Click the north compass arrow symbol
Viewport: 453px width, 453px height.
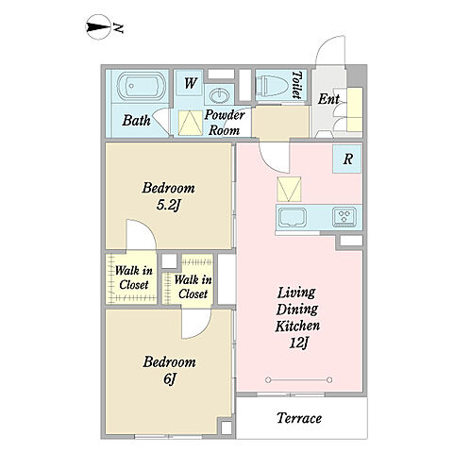coord(98,27)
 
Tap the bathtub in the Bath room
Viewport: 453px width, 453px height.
coord(142,86)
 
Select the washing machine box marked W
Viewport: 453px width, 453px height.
coord(189,83)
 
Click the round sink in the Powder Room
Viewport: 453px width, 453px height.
coord(219,94)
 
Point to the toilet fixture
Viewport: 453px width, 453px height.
coord(273,85)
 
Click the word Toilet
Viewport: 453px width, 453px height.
coord(297,85)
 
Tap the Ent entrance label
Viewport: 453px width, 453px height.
coord(328,99)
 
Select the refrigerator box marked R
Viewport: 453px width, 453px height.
coord(347,159)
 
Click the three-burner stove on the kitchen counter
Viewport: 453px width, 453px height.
coord(344,216)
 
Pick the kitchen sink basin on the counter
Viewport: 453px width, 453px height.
coord(293,217)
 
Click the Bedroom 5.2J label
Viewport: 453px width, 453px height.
coord(169,196)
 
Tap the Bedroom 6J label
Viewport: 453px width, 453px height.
coord(169,370)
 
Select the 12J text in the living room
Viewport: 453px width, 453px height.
coord(298,343)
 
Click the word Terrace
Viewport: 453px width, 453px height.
coord(299,418)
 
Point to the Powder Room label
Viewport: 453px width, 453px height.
coord(225,123)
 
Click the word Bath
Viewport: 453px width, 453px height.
coord(136,120)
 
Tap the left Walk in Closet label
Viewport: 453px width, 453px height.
coord(133,277)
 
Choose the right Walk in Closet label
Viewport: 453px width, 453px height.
coord(193,287)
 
